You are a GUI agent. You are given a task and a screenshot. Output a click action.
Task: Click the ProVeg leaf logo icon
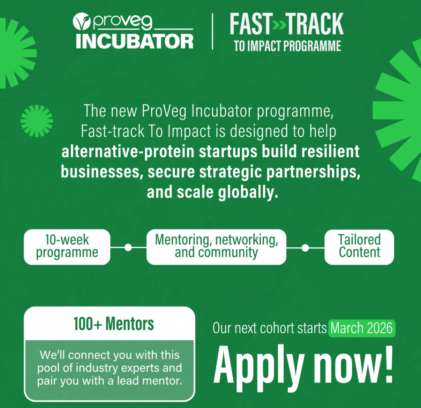tap(82, 21)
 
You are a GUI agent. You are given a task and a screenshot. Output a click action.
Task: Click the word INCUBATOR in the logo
tap(134, 42)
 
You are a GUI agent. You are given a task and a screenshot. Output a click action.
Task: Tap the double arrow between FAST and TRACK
tap(279, 25)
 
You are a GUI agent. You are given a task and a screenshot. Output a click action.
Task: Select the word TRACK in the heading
tap(315, 24)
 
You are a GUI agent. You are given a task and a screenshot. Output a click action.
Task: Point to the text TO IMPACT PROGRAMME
tap(287, 46)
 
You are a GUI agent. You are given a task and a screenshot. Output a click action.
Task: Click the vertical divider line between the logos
tap(213, 31)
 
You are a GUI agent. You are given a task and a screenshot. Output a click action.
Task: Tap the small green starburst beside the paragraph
tap(37, 121)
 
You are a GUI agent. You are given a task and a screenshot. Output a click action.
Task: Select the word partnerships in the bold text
tap(313, 172)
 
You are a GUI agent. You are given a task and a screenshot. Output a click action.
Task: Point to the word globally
tap(248, 192)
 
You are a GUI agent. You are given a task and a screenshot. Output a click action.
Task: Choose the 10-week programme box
tap(67, 247)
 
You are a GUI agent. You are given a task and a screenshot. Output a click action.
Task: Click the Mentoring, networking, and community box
tap(216, 247)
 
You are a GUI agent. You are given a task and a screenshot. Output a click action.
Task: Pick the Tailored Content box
tap(359, 247)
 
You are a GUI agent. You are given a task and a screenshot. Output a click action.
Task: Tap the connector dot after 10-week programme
tap(128, 247)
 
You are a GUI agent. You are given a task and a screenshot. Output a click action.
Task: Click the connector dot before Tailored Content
tap(305, 248)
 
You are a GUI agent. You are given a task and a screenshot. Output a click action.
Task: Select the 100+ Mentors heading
tap(114, 324)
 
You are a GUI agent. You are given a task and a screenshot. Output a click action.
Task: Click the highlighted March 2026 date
tap(362, 328)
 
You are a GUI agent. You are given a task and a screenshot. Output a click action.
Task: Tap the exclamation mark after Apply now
tap(389, 364)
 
